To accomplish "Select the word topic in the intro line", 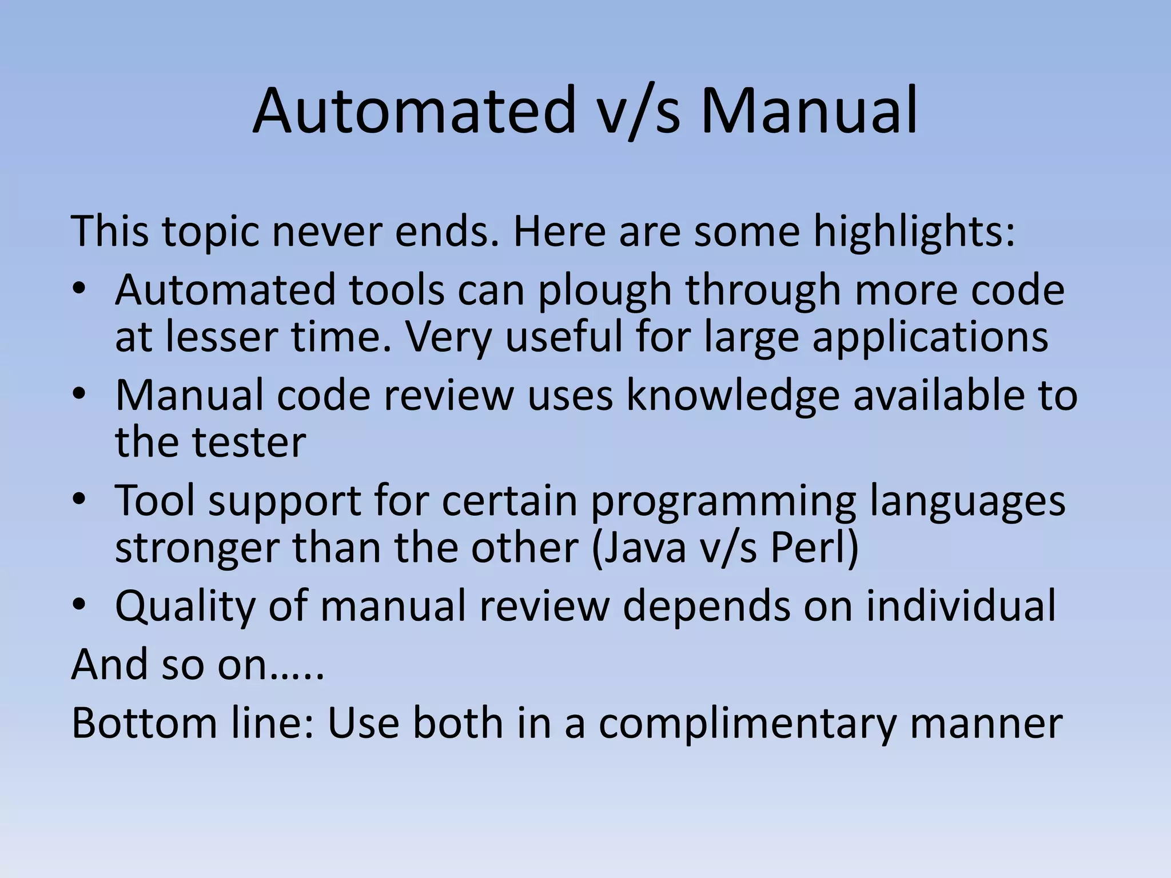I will (x=210, y=232).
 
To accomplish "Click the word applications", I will (x=930, y=337).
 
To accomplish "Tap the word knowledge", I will (x=732, y=396).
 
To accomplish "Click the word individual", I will (x=960, y=606).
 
